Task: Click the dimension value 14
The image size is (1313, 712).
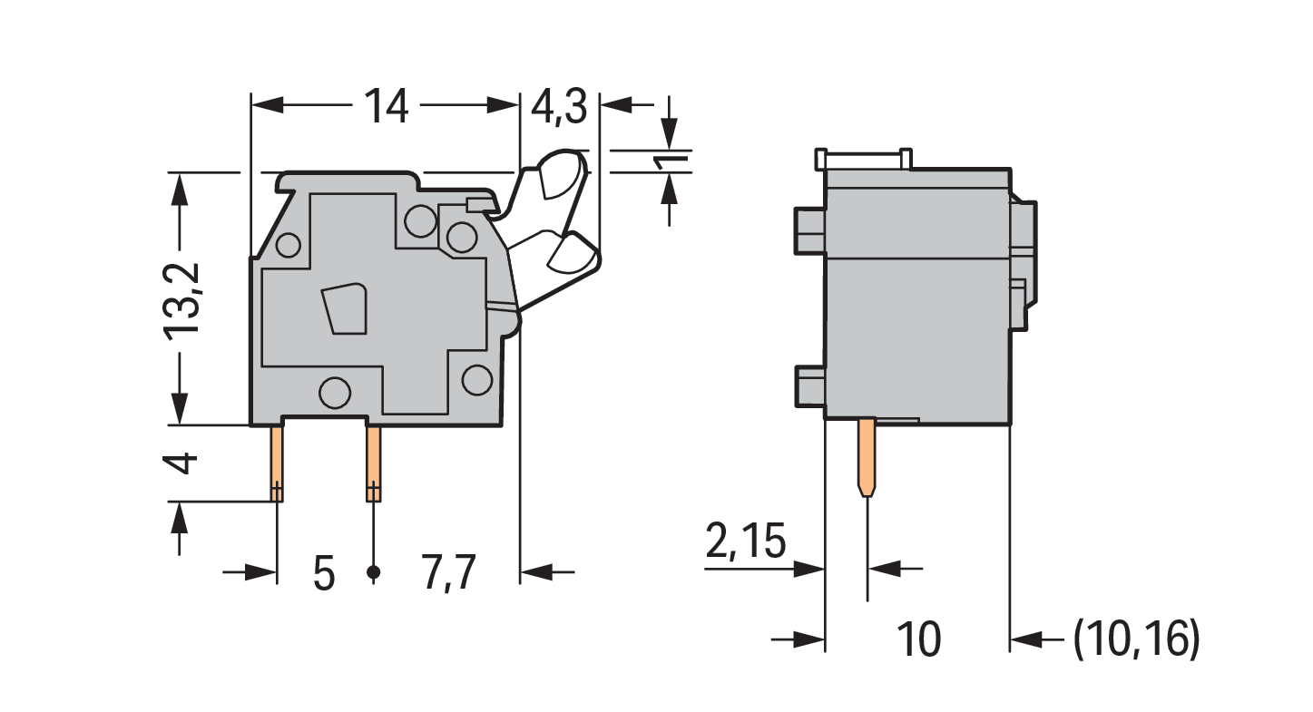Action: click(x=386, y=106)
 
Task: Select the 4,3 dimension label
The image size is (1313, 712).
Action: click(x=559, y=107)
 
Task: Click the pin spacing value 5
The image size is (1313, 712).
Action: click(x=324, y=574)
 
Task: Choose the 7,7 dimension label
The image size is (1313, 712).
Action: click(x=448, y=574)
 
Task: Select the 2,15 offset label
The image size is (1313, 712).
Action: click(x=746, y=541)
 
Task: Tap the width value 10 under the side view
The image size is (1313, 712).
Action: click(x=919, y=639)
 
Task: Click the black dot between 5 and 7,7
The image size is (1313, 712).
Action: click(x=373, y=572)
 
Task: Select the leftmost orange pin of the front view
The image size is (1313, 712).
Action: click(x=277, y=463)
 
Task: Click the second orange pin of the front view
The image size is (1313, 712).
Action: click(x=373, y=463)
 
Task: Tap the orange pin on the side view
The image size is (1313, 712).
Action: click(x=867, y=457)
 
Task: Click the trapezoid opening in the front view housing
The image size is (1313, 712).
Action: click(x=346, y=308)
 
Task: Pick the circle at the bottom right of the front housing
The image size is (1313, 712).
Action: click(x=476, y=380)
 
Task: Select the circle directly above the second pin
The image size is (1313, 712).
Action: click(x=335, y=393)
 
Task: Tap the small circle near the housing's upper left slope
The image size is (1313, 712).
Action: click(x=288, y=245)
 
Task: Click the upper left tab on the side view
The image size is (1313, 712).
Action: click(x=809, y=231)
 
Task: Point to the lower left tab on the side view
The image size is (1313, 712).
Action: click(x=810, y=386)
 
